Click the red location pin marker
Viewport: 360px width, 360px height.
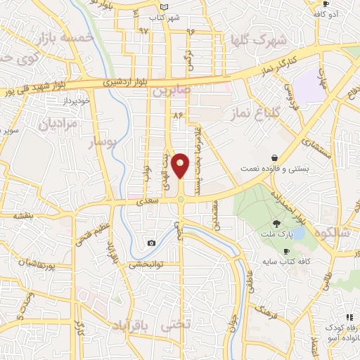pos(181,166)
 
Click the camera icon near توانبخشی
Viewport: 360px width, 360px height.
pos(151,243)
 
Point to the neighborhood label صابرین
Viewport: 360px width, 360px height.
pos(172,91)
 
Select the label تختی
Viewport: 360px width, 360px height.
pos(176,326)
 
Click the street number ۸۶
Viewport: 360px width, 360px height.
pos(176,113)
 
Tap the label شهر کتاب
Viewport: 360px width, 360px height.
pos(167,16)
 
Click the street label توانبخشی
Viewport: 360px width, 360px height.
pos(146,264)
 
